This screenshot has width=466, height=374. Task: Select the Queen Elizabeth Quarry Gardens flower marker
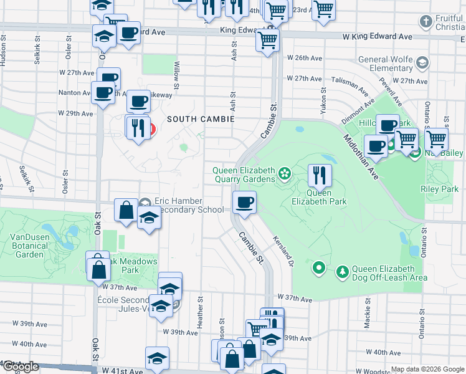click(285, 172)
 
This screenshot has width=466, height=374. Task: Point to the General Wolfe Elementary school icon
click(422, 62)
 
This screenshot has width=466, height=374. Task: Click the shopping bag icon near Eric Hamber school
click(126, 210)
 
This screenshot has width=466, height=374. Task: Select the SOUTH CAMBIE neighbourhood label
click(200, 119)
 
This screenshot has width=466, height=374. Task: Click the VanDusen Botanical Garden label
click(29, 246)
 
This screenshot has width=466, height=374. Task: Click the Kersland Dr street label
click(282, 251)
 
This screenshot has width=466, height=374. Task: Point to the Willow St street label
click(178, 74)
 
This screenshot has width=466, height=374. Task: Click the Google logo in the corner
click(20, 367)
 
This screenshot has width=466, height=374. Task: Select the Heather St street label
click(201, 309)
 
